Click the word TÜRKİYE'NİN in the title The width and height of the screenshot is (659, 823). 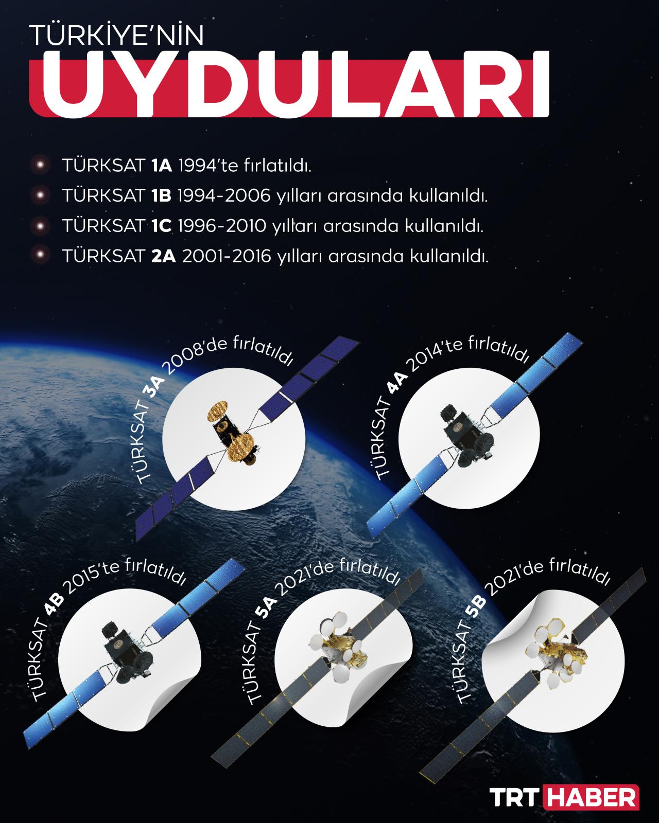click(116, 35)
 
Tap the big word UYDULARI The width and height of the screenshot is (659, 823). click(295, 84)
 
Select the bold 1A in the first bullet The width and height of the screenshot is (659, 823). click(162, 166)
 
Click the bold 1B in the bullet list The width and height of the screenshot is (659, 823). click(161, 195)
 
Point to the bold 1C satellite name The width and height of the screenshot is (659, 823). click(161, 226)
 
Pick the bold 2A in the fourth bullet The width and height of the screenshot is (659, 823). click(164, 256)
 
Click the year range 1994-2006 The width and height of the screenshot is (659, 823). click(224, 195)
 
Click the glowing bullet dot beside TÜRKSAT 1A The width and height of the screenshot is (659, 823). click(40, 165)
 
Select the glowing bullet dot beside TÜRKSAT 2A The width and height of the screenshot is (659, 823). click(40, 255)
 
